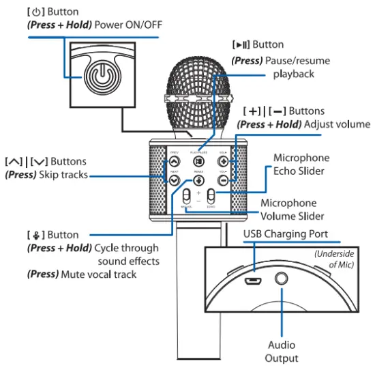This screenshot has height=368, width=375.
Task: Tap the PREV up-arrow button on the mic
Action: point(174,162)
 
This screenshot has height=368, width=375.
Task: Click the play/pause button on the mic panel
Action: point(198,162)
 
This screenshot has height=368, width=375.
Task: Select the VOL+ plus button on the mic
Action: point(223,162)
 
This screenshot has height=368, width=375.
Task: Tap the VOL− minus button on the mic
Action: point(223,181)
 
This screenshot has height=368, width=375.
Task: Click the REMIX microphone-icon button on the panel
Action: point(198,181)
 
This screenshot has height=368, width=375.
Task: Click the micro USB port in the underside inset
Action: point(254,280)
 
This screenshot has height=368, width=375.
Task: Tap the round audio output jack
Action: point(281,279)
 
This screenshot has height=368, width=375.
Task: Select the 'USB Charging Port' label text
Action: point(286,233)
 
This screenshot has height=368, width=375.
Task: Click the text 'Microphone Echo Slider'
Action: point(301,165)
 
